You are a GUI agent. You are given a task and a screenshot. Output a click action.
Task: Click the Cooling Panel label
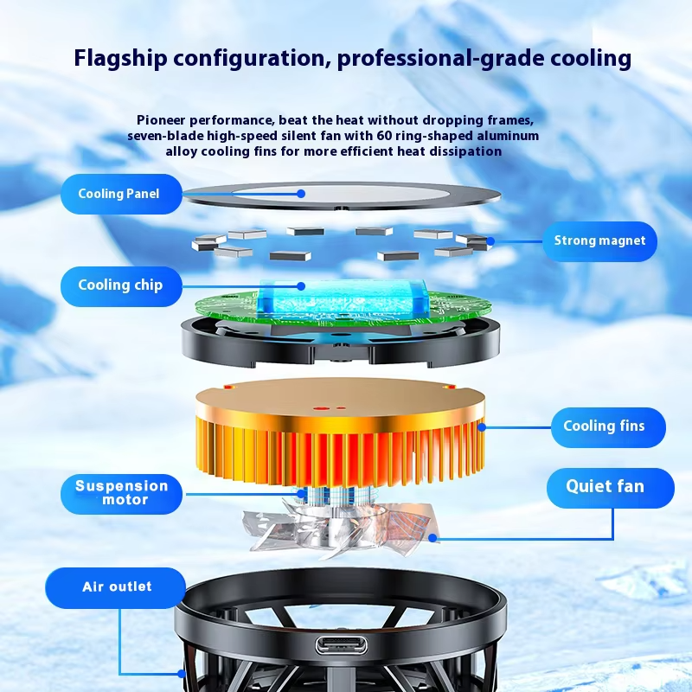pyautogui.click(x=121, y=194)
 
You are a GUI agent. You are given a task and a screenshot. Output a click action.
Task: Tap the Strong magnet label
pyautogui.click(x=599, y=241)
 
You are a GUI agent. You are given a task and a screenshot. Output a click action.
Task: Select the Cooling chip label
pyautogui.click(x=121, y=286)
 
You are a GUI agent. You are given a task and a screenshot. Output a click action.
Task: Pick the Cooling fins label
pyautogui.click(x=608, y=426)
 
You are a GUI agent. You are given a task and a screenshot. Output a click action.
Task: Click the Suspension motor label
pyautogui.click(x=121, y=493)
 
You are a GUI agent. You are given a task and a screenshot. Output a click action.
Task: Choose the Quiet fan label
pyautogui.click(x=611, y=488)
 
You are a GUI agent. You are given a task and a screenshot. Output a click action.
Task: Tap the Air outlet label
pyautogui.click(x=116, y=587)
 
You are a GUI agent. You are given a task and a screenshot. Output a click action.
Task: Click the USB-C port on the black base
pyautogui.click(x=341, y=645)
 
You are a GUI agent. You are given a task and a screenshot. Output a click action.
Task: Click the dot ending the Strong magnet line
pyautogui.click(x=490, y=241)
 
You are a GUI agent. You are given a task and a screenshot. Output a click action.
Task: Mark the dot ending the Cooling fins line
pyautogui.click(x=482, y=427)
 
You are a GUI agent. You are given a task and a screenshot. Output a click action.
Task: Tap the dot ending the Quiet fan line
pyautogui.click(x=432, y=537)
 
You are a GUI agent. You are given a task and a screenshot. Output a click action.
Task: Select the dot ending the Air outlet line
pyautogui.click(x=182, y=674)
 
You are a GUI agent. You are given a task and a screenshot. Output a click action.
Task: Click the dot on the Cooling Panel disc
pyautogui.click(x=301, y=193)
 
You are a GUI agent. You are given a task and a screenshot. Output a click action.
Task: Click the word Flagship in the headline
pyautogui.click(x=120, y=59)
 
